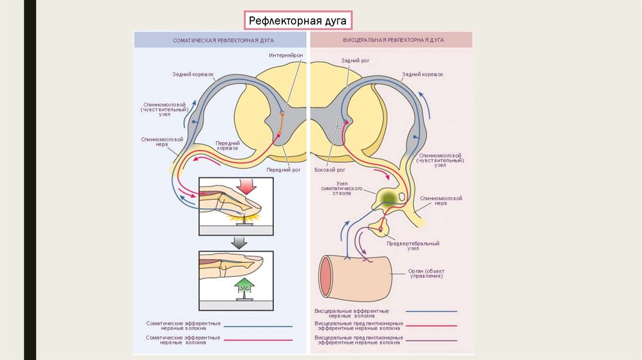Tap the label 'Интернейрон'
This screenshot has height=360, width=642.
tap(286, 56)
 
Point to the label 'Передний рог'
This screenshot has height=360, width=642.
tap(283, 169)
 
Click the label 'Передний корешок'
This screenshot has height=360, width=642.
tap(228, 146)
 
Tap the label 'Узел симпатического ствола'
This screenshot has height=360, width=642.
tap(335, 189)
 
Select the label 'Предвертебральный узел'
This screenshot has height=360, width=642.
tap(413, 246)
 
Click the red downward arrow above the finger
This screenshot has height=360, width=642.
tap(245, 186)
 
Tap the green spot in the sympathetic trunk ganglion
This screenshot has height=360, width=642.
tap(388, 198)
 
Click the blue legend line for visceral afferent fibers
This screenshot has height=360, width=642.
tap(431, 311)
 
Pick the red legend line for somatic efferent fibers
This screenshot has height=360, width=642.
tap(258, 340)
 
